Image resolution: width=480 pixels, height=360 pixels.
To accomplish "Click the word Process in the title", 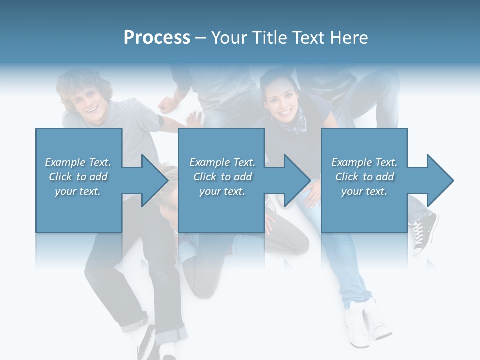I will (x=157, y=38).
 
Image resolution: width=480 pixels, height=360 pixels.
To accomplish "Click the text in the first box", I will (x=78, y=176).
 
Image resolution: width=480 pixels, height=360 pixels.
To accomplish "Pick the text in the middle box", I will (x=222, y=176).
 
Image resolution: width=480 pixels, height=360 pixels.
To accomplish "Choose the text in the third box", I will (x=364, y=176).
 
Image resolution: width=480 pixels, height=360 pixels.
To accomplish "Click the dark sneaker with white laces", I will (x=424, y=232).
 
